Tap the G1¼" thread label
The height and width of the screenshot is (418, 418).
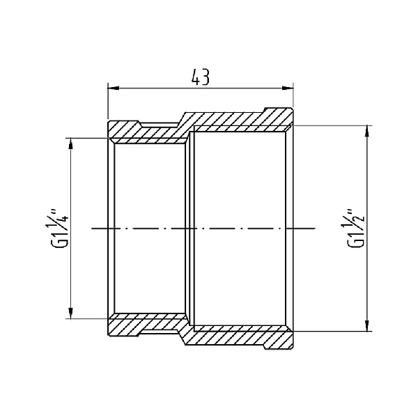point(62,228)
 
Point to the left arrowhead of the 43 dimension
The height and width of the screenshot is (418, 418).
point(112,88)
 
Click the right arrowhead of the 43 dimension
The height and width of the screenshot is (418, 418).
point(288,88)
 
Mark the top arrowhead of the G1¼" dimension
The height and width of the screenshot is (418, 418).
point(70,142)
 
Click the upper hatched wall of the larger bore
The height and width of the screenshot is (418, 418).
point(240,120)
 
